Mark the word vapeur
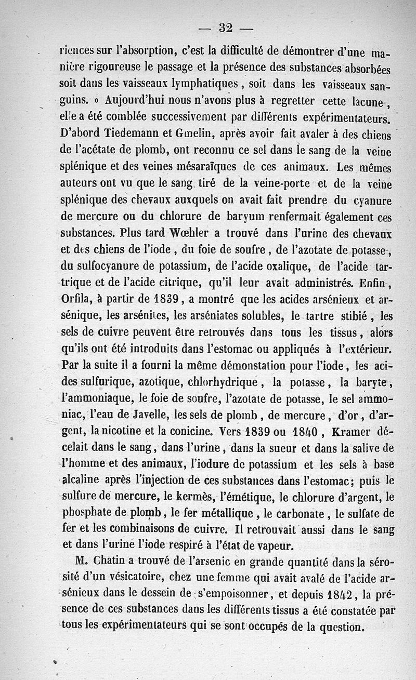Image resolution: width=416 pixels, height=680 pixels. coord(274,545)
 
